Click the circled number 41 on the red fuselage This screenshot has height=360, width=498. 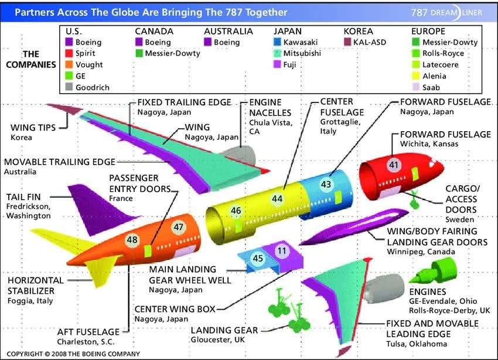pos(393,166)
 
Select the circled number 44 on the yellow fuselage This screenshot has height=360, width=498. pos(277,198)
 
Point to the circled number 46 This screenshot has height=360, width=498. pos(236,211)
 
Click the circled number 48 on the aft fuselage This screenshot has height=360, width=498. pos(132,239)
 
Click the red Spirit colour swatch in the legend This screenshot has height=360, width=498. pos(69,53)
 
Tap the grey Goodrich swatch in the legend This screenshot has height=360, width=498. pos(69,87)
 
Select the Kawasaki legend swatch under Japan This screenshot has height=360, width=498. pos(277,42)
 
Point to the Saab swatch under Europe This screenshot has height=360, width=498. pos(415,87)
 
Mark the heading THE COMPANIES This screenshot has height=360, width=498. pos(31,59)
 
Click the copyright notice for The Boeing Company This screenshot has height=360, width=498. pos(73,354)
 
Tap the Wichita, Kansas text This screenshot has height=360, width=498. pos(429,144)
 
